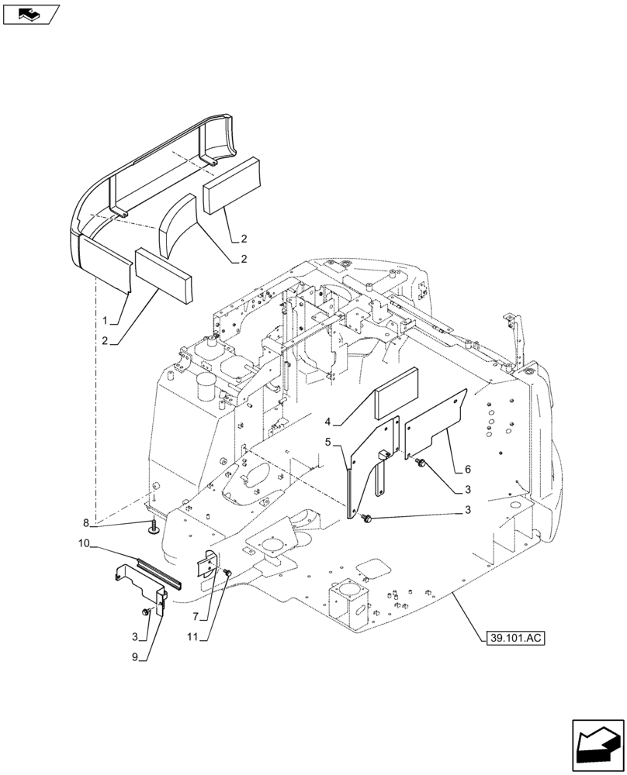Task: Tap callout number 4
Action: pyautogui.click(x=329, y=422)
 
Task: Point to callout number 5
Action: pyautogui.click(x=329, y=442)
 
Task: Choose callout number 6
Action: pyautogui.click(x=468, y=470)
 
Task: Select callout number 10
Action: pyautogui.click(x=85, y=545)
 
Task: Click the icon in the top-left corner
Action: pyautogui.click(x=30, y=13)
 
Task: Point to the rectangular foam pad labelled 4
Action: pyautogui.click(x=397, y=402)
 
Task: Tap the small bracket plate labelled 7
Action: pyautogui.click(x=206, y=563)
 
